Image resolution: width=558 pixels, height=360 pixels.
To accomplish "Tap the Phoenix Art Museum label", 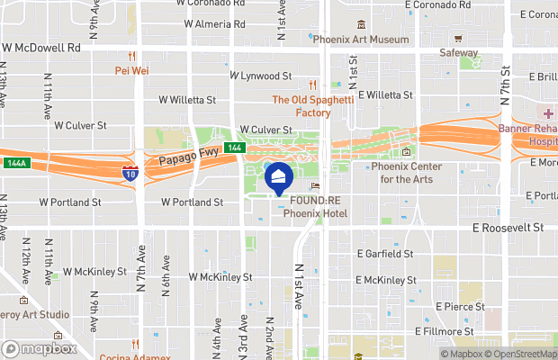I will click(x=361, y=40).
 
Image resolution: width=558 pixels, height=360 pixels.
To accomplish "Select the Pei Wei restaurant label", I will click(x=132, y=70).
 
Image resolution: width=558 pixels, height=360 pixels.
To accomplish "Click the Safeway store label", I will click(x=458, y=53).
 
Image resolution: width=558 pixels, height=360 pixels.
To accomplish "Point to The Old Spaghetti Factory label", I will click(x=313, y=106).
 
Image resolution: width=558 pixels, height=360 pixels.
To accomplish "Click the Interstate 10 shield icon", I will click(x=130, y=172).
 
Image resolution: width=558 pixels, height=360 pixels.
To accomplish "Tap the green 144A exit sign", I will click(x=15, y=164).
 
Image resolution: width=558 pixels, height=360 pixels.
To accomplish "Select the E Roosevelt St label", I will click(x=508, y=229).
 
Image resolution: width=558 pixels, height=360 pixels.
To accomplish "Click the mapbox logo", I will click(x=40, y=348).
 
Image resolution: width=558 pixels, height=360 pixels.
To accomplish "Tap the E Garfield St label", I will click(x=385, y=254).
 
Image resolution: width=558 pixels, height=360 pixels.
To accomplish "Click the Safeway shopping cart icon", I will click(x=458, y=39).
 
